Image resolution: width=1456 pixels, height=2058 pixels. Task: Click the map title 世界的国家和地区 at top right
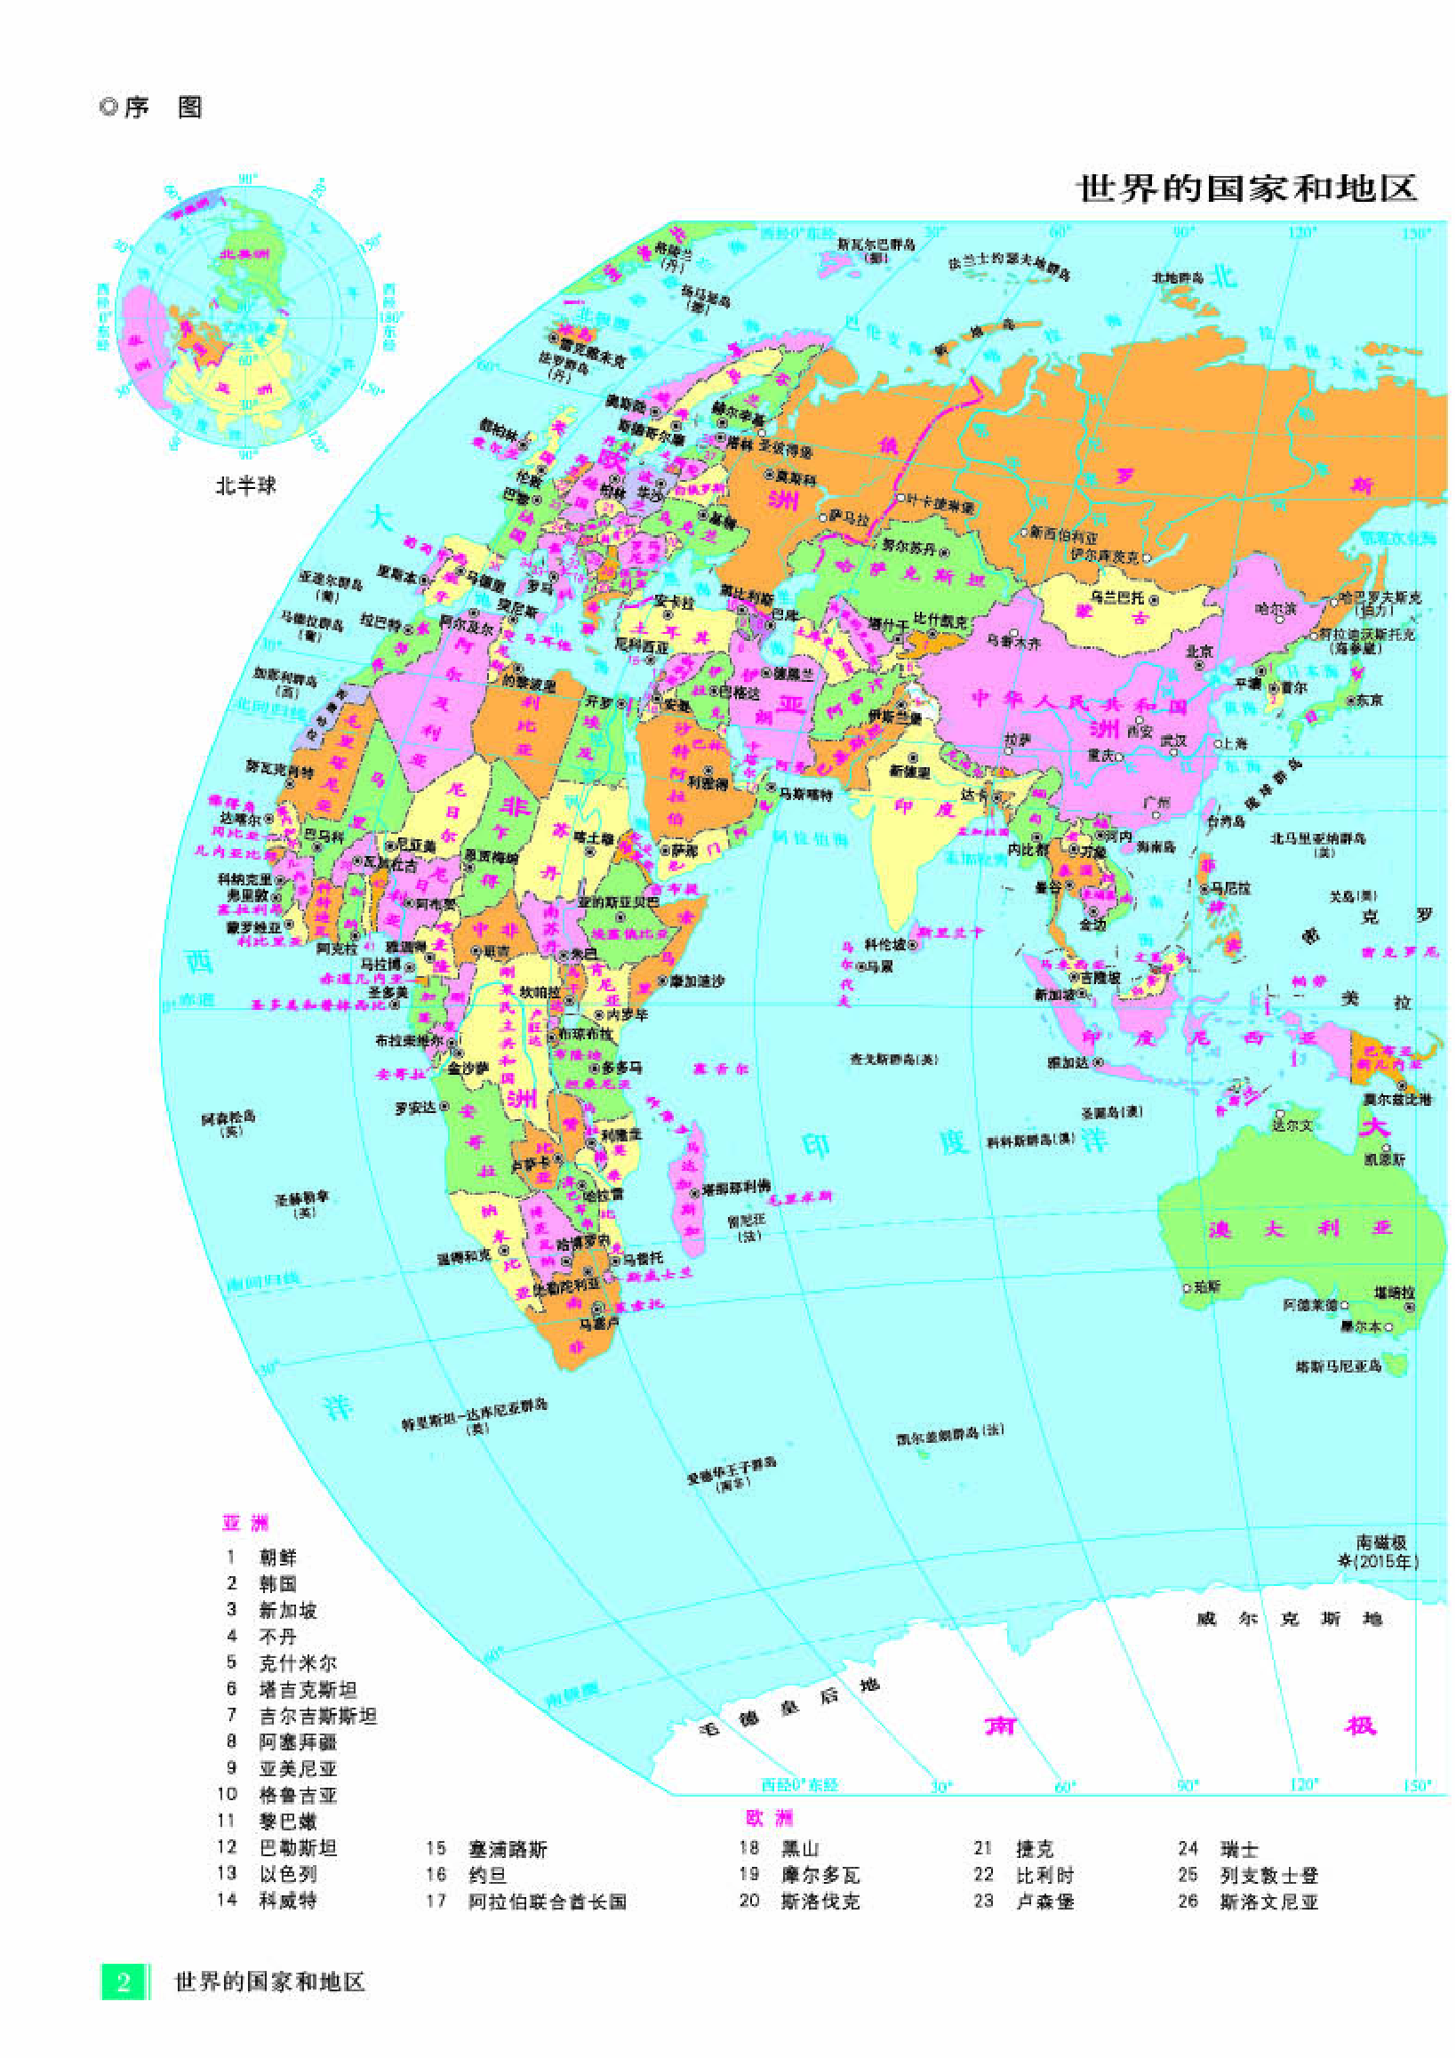[1245, 189]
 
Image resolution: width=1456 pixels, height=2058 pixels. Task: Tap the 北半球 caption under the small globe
[244, 486]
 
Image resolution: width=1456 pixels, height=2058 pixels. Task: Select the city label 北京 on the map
[1199, 651]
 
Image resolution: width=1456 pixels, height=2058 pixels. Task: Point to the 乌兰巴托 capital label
[1117, 597]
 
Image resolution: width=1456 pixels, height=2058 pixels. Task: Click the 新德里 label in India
[910, 770]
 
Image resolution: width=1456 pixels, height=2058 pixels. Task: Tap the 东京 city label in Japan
[1368, 700]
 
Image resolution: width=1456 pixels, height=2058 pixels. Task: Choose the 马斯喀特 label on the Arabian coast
[804, 794]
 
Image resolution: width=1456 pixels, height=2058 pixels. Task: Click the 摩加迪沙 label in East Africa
[697, 982]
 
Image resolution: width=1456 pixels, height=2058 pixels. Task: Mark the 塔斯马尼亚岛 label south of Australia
[1339, 1366]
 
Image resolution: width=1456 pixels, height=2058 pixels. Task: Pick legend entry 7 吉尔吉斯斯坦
[317, 1716]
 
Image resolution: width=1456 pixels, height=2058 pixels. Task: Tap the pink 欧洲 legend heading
[770, 1818]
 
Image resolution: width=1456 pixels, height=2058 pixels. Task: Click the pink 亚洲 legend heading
[244, 1523]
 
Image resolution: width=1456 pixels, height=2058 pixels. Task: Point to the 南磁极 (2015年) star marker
[1345, 1560]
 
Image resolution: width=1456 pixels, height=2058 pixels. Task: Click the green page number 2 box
[123, 1981]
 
